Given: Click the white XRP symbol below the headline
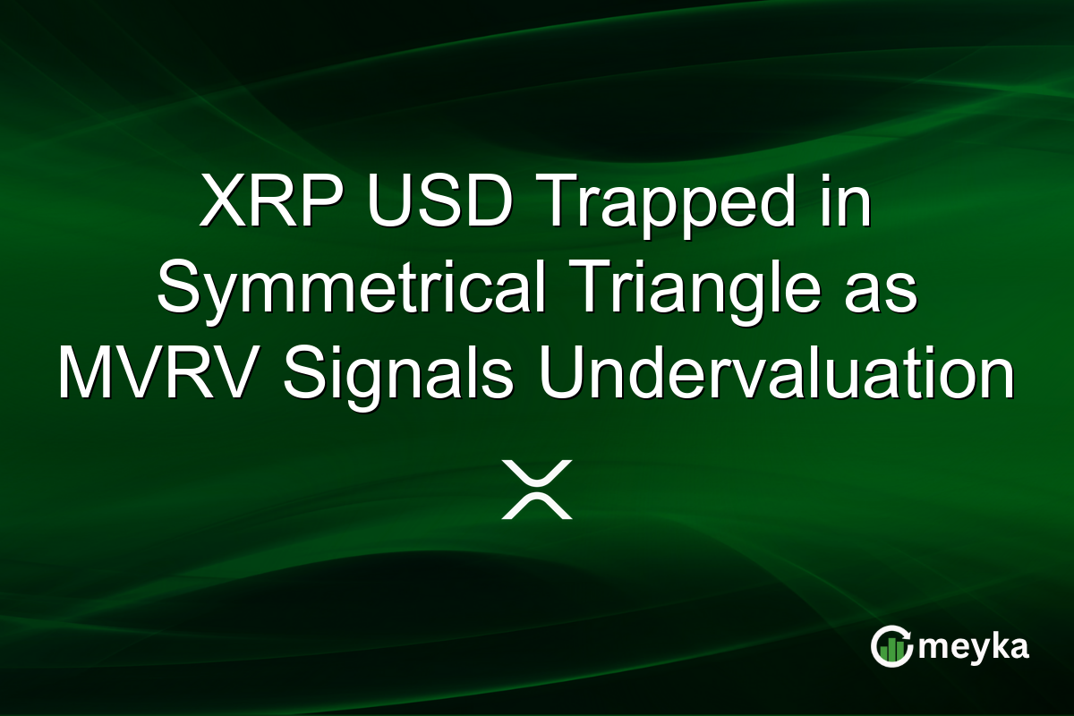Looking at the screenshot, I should pos(536,490).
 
